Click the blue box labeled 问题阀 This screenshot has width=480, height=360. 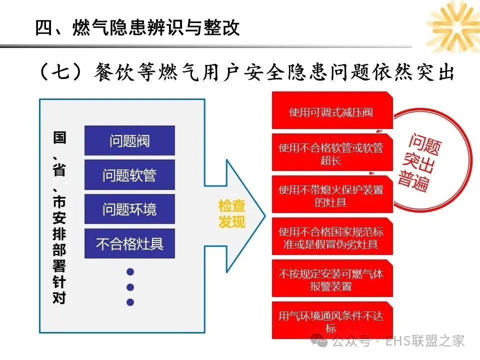click(129, 140)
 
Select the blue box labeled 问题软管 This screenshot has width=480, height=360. click(129, 175)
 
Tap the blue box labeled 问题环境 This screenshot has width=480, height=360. click(129, 209)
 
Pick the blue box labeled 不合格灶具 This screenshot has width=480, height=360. click(129, 243)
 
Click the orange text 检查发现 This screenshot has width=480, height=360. click(232, 214)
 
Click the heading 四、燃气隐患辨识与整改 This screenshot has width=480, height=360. click(138, 27)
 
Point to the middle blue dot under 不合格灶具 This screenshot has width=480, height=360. click(130, 287)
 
